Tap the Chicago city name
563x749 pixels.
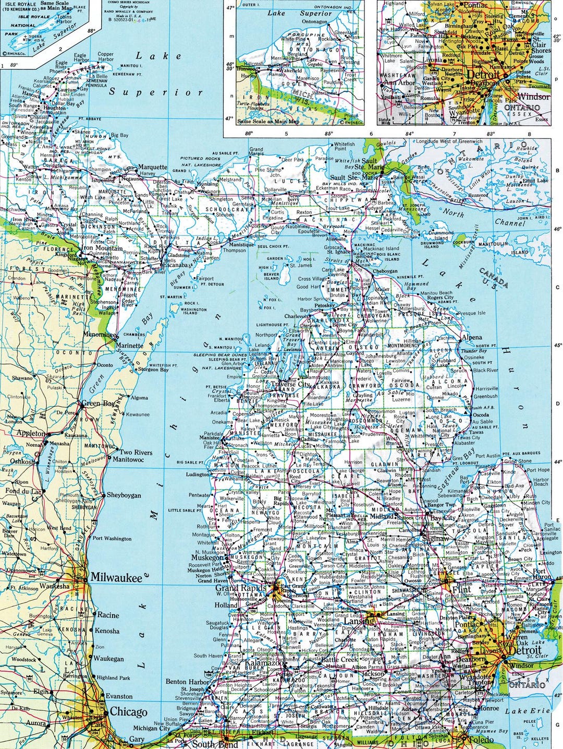click(x=128, y=712)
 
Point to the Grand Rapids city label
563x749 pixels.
click(x=240, y=589)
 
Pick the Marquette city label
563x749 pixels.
click(x=153, y=168)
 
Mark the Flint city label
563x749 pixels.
click(x=462, y=590)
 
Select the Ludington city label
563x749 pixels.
click(x=197, y=475)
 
